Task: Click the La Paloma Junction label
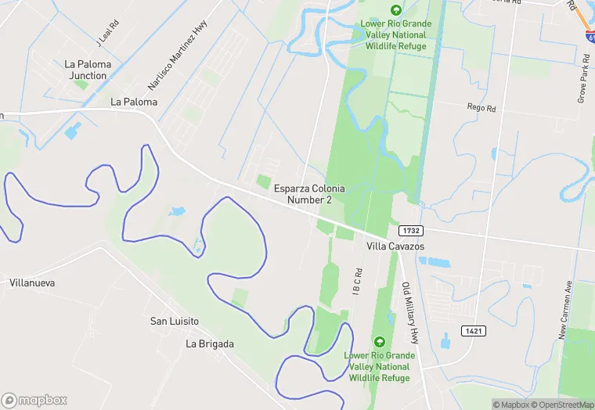[87, 70]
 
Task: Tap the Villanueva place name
[32, 282]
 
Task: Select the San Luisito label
[175, 322]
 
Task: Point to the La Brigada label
[210, 343]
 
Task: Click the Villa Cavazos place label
[395, 246]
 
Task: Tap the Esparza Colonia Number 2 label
[309, 194]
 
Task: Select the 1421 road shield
[473, 331]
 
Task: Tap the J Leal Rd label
[107, 32]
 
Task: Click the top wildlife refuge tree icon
[395, 10]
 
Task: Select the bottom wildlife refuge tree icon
[380, 342]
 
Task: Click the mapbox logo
[34, 400]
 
